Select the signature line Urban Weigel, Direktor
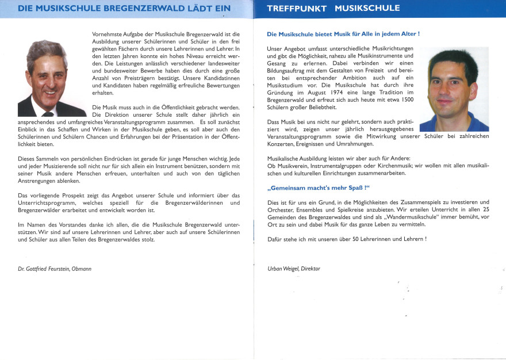[x=294, y=269]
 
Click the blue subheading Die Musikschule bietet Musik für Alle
[x=343, y=34]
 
